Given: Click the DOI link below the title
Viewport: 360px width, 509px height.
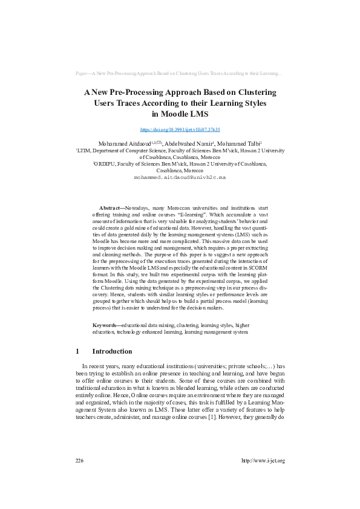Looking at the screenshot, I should [x=180, y=129].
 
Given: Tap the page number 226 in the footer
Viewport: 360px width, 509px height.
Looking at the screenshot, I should [x=79, y=461].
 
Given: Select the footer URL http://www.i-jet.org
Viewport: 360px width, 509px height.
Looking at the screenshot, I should [x=263, y=461].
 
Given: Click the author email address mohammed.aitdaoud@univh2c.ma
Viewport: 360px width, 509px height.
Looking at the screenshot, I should [x=180, y=178].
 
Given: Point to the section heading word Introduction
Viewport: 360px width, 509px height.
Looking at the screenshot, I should [x=112, y=351].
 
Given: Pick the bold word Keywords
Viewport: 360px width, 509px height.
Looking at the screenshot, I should [x=103, y=325].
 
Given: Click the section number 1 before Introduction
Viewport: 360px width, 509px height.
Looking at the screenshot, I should [x=77, y=351].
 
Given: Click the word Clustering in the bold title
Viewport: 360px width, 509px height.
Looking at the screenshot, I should [x=253, y=92].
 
